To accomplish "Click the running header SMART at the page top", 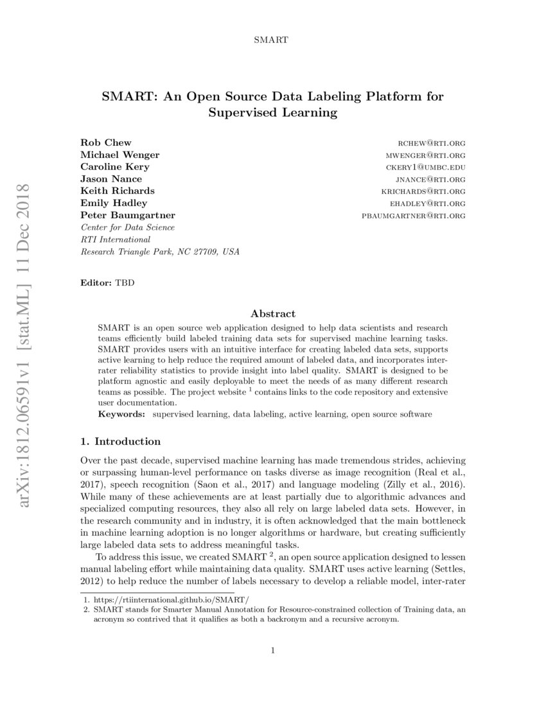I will (273, 40).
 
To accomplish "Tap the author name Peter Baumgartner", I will (127, 215).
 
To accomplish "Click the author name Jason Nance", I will (111, 178).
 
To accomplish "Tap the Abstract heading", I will (273, 314).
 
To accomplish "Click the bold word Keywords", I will (121, 415).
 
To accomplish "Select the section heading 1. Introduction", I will (120, 442).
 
